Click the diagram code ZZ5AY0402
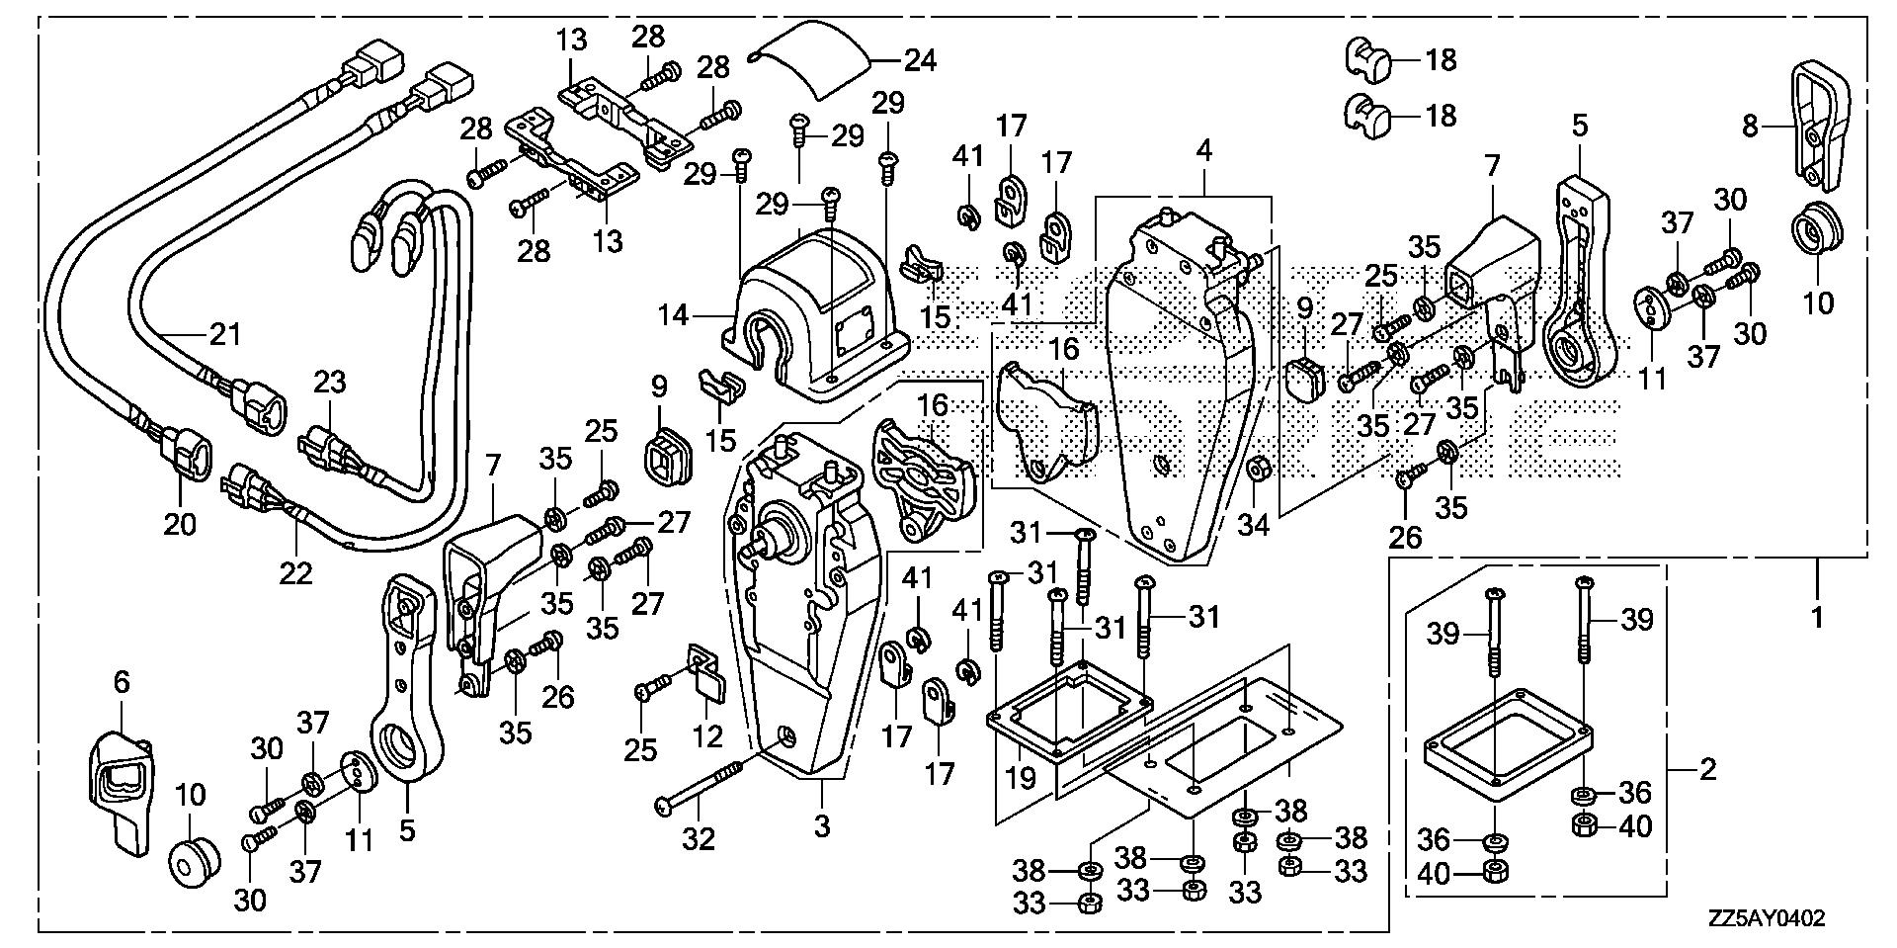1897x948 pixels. (x=1764, y=918)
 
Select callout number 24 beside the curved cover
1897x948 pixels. (x=921, y=60)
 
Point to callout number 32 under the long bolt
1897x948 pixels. (x=698, y=839)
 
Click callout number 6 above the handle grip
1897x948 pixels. (x=122, y=681)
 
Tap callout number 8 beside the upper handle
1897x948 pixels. (x=1750, y=127)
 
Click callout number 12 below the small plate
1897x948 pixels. (x=708, y=736)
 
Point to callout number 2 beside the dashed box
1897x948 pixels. (x=1707, y=768)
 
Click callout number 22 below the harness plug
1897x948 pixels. (x=295, y=572)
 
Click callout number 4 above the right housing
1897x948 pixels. (x=1202, y=151)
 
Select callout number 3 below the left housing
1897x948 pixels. (x=821, y=825)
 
